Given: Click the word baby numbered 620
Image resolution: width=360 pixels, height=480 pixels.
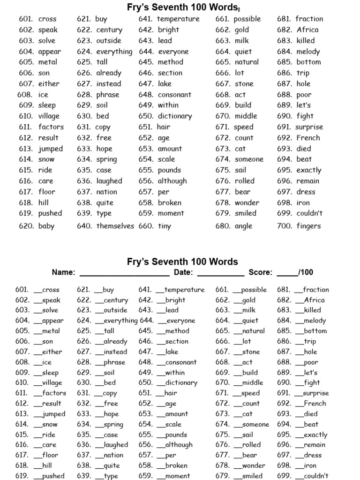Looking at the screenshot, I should (46, 226).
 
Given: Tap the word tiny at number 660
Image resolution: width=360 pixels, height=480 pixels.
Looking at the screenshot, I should (165, 226).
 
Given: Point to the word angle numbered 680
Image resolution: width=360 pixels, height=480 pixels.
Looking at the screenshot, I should (244, 226).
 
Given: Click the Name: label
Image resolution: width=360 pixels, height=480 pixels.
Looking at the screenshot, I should (63, 272).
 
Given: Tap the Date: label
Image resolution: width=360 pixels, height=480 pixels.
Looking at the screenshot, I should (183, 272).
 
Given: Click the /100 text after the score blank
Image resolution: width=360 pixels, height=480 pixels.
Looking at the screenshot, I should (306, 272).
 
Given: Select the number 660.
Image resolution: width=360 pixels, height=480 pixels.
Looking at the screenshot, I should (146, 226).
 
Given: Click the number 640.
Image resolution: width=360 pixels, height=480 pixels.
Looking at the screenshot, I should (84, 226).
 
